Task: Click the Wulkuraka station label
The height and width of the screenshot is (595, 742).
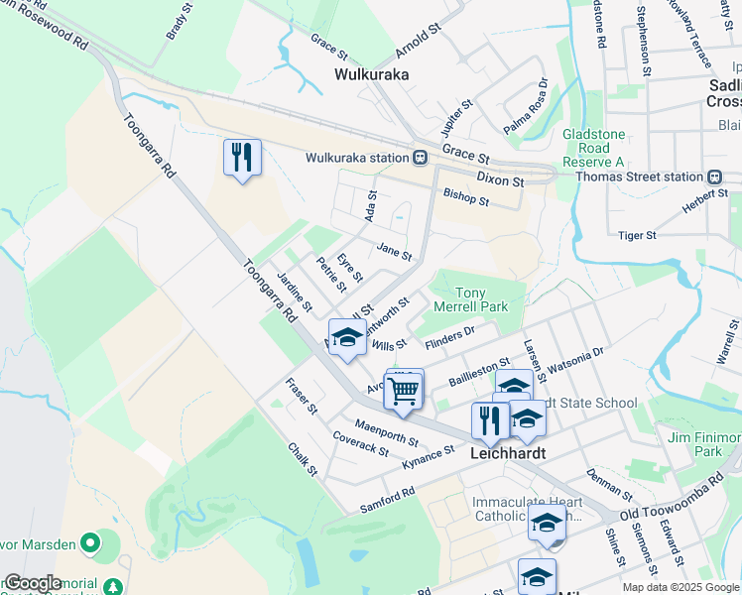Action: (357, 158)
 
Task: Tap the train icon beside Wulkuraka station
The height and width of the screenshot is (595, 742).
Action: (421, 158)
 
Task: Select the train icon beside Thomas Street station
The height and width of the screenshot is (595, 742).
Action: (714, 177)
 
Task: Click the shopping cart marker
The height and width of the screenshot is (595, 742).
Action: (403, 390)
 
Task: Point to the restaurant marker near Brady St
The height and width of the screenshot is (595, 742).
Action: (241, 158)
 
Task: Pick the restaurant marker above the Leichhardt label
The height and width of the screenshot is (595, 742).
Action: (490, 421)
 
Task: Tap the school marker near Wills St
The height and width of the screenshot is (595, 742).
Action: (346, 340)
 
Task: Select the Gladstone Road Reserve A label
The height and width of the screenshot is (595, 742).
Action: (593, 148)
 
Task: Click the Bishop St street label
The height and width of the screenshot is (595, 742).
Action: (466, 195)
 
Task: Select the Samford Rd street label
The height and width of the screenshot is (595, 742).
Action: (388, 496)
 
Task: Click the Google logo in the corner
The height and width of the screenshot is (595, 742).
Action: (33, 583)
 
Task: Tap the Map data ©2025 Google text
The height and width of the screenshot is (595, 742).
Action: (679, 587)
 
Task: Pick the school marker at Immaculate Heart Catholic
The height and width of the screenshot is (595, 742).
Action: (547, 524)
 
